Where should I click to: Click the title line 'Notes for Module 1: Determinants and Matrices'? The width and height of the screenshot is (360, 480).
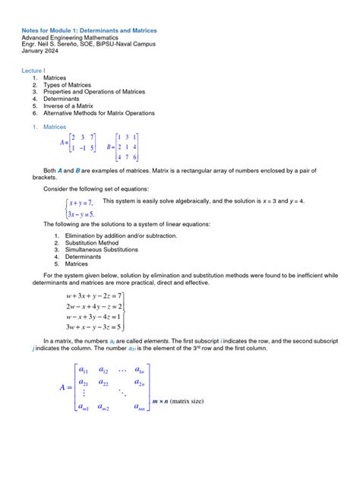point(89,30)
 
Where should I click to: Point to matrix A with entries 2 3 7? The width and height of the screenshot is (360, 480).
point(78,143)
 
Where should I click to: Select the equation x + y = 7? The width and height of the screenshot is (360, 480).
point(80,203)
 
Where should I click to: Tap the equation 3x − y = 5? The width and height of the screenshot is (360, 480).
point(81,213)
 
